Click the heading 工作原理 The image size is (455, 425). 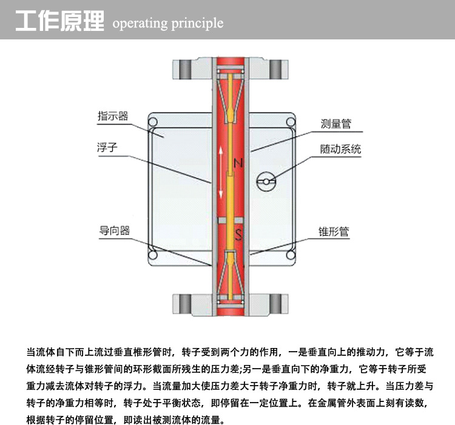pos(59,21)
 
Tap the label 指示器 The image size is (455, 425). pos(113,116)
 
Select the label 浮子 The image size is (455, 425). pos(107,147)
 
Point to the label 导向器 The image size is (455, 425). pos(114,231)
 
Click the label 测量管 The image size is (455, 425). pos(335,124)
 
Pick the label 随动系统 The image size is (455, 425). pos(341,149)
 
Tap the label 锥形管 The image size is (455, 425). pos(334,232)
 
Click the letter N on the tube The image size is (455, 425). pos(238,163)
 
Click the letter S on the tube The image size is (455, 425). pos(238,234)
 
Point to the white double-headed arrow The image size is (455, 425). pos(221,173)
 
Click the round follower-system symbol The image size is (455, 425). pos(266,181)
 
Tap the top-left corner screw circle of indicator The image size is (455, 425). pos(153,122)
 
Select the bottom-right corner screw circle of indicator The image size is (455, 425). pos(291,255)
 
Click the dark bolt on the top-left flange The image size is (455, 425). pos(184,69)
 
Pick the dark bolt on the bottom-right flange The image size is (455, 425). pos(275,304)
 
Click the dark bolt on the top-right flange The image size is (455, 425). pos(275,69)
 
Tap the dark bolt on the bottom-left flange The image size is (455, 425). pos(184,304)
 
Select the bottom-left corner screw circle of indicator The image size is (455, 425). pos(153,255)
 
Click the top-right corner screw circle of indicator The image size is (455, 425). pos(291,122)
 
